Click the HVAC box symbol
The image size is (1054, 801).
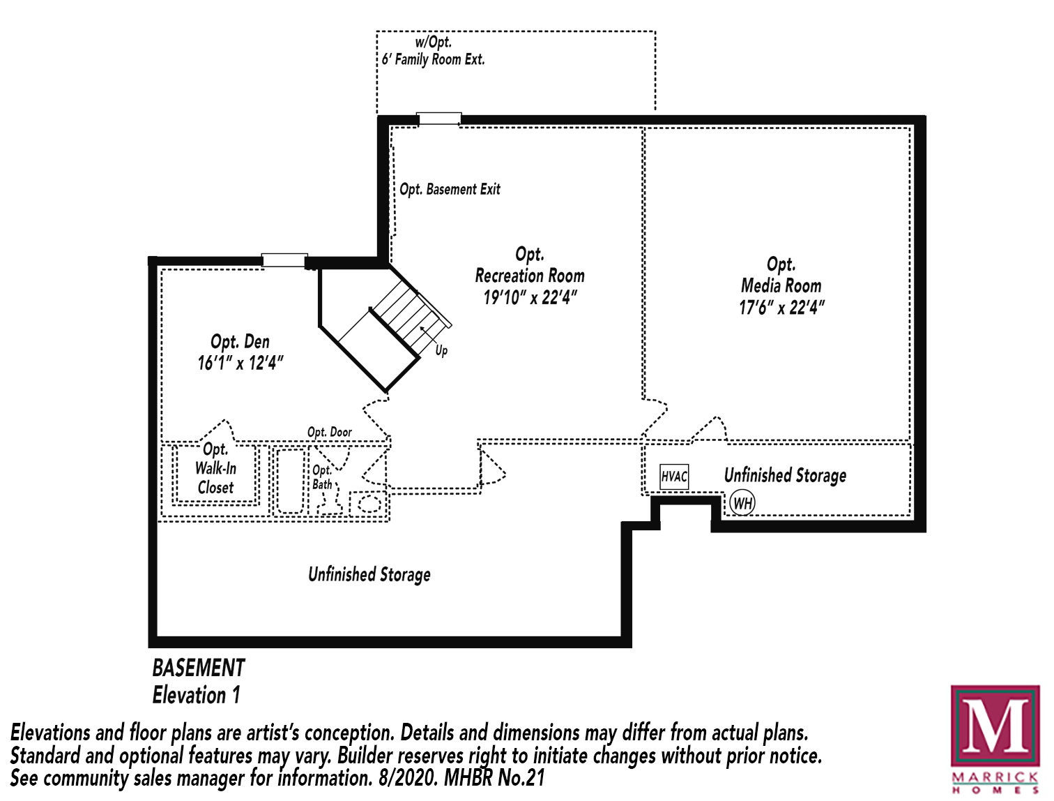click(x=673, y=477)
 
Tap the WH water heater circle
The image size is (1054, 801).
click(x=742, y=503)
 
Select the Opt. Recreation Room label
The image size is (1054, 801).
click(x=530, y=265)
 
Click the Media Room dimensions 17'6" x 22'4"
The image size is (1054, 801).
click(x=781, y=308)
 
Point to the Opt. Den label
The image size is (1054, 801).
click(x=240, y=342)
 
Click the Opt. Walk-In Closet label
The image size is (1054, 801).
click(x=215, y=468)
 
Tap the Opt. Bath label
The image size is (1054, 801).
click(x=322, y=477)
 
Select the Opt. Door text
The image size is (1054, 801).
click(x=330, y=432)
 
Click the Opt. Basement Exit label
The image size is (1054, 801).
click(x=450, y=189)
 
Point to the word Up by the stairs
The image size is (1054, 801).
click(x=441, y=350)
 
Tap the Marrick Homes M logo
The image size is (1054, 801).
click(x=995, y=726)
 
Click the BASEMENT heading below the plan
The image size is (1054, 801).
click(x=199, y=668)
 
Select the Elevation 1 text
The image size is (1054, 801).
click(x=197, y=695)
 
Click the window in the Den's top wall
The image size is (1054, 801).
click(x=284, y=260)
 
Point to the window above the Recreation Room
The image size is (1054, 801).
click(x=439, y=119)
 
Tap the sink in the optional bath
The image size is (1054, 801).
click(x=369, y=503)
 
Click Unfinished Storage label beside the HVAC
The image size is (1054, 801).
click(x=785, y=475)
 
